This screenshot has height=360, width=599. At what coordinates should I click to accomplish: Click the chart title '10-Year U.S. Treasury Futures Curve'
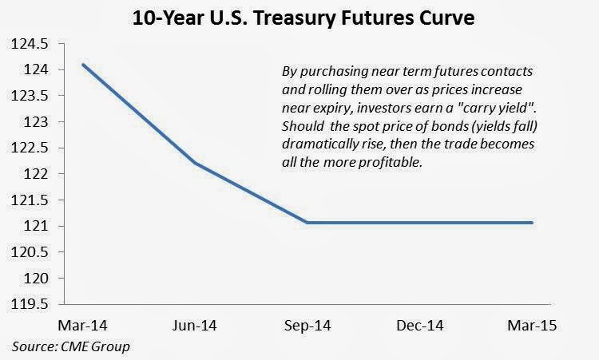coord(299,17)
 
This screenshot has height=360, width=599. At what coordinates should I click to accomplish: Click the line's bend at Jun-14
coord(194,163)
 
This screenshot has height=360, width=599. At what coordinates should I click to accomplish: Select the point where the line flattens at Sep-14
coord(307,223)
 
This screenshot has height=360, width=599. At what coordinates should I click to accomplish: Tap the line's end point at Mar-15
coord(532,223)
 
